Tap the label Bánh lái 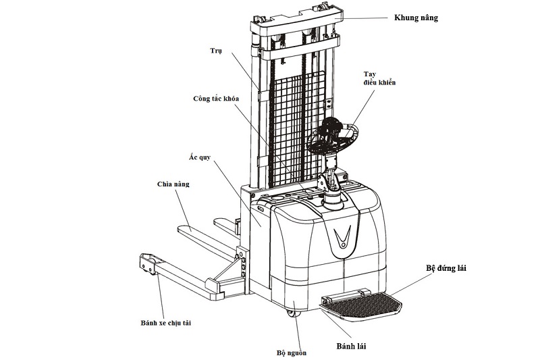pyautogui.click(x=354, y=347)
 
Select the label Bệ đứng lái pyautogui.click(x=446, y=268)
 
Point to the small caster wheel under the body pyautogui.click(x=292, y=313)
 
